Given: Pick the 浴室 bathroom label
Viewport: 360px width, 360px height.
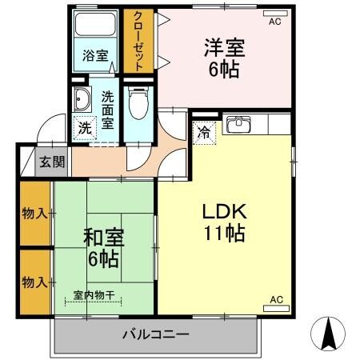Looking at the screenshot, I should (95, 57).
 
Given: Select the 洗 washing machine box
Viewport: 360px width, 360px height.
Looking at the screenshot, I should (84, 128).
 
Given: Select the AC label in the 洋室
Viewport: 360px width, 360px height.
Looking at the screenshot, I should (274, 22).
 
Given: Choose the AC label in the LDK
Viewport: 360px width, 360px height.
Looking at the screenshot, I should (276, 299).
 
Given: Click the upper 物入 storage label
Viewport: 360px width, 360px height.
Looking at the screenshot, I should (34, 214).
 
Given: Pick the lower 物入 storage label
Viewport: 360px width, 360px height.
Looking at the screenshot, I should (34, 282).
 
